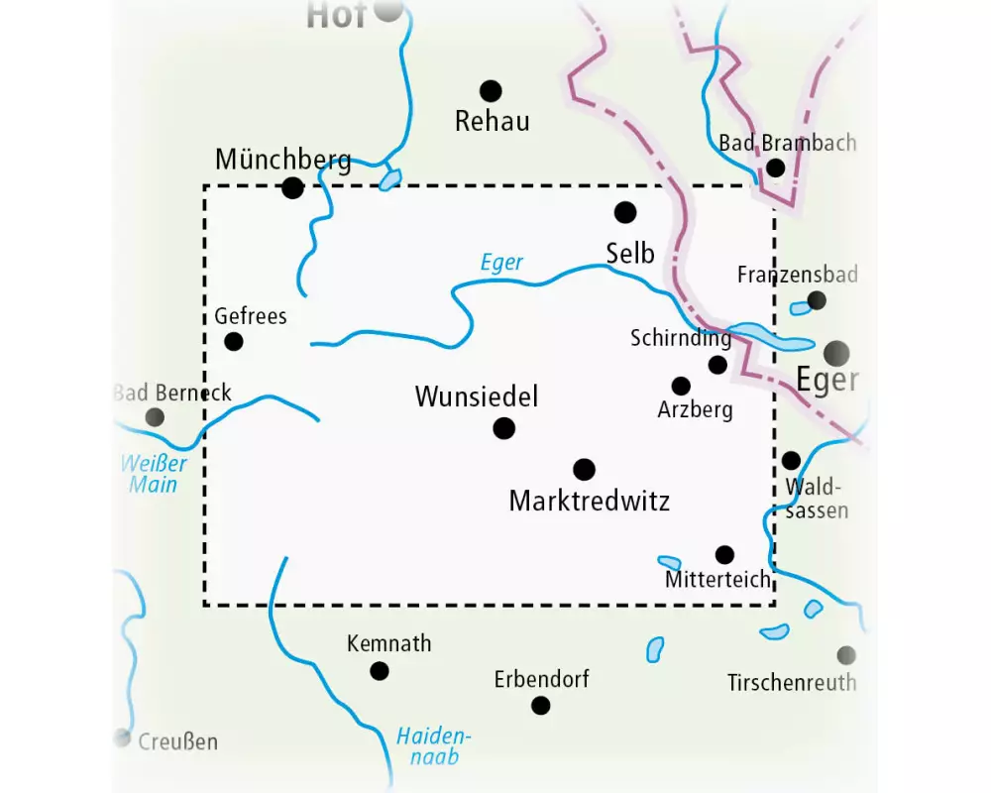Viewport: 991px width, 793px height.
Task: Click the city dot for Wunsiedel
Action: click(x=504, y=428)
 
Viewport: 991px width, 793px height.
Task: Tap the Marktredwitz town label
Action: click(x=589, y=501)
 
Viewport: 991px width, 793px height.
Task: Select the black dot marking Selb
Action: click(x=624, y=212)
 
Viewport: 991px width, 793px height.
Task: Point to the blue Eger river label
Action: click(x=500, y=263)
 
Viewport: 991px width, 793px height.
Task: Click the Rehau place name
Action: click(x=492, y=122)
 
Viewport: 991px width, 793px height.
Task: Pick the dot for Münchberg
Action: click(x=292, y=187)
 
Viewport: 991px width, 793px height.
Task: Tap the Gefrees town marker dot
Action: click(x=234, y=341)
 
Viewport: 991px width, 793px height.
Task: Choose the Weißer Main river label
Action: click(x=152, y=474)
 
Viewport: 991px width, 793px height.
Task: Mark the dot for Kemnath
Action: click(x=379, y=671)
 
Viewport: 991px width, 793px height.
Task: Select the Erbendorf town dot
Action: click(x=540, y=705)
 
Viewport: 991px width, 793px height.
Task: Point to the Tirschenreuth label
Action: click(x=791, y=682)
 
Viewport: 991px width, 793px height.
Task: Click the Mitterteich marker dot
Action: click(x=725, y=554)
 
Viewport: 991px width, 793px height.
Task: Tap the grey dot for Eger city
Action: click(x=836, y=352)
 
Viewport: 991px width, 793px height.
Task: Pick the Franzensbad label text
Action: click(x=797, y=275)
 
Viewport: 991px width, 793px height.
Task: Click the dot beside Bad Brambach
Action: click(x=775, y=168)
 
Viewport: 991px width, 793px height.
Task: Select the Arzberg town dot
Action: click(x=681, y=386)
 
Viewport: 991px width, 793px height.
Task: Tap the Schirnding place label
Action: click(x=681, y=338)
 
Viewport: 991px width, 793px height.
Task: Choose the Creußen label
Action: click(x=177, y=741)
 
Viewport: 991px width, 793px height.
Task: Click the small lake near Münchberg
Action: click(x=390, y=179)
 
